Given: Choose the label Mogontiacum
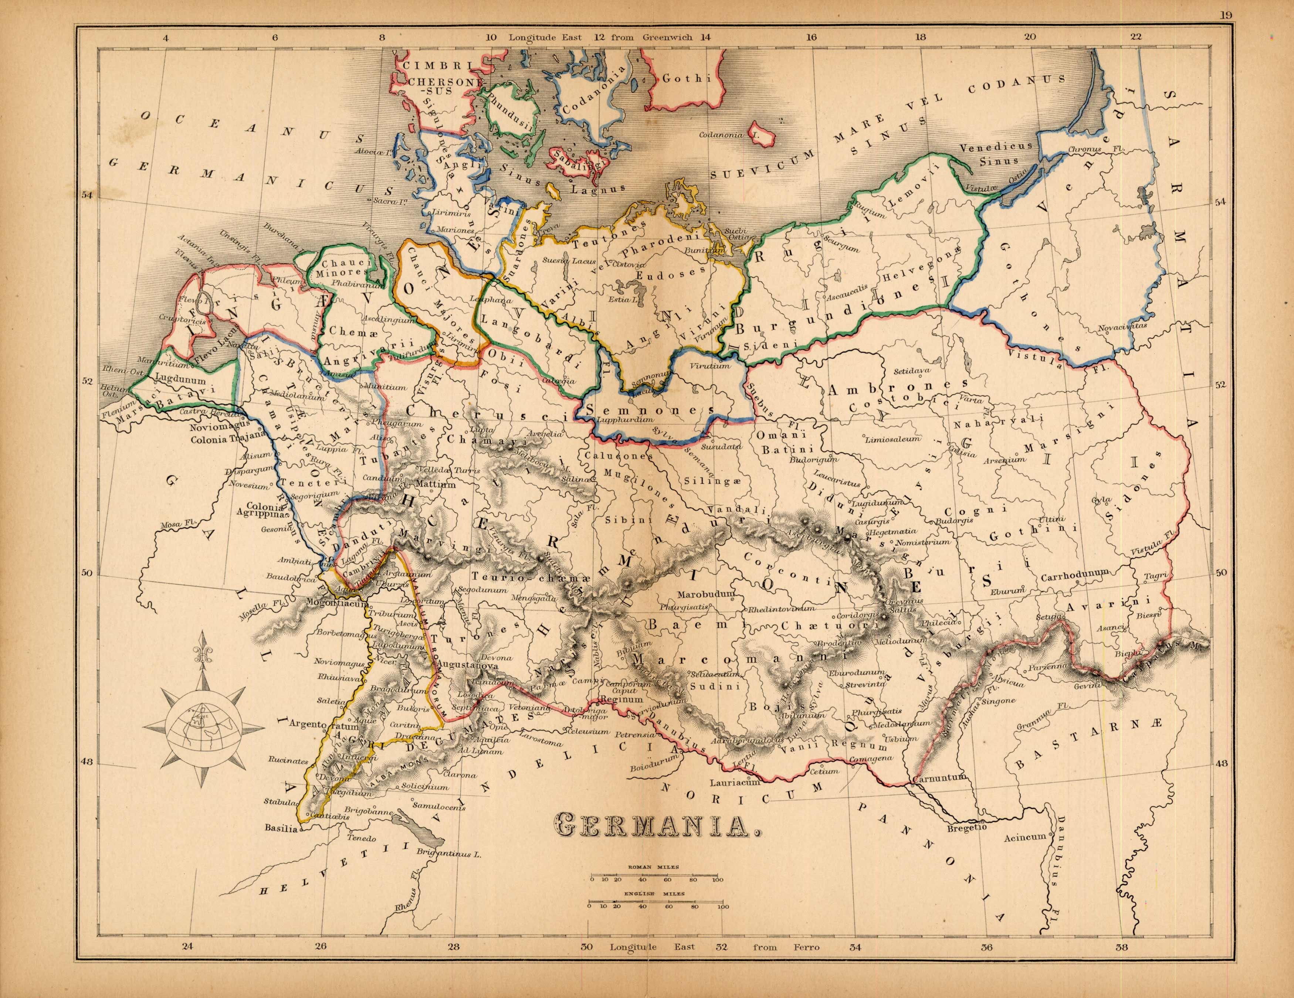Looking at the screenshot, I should [x=338, y=603].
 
